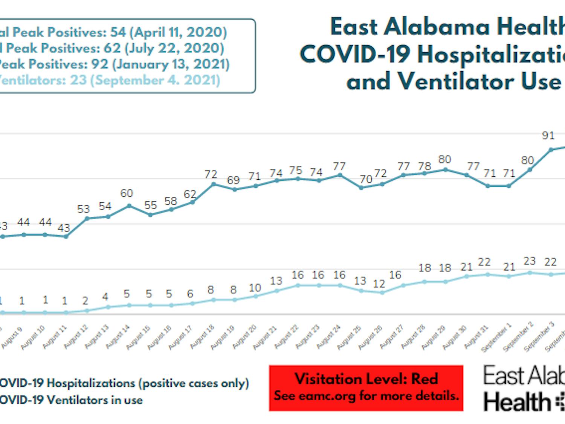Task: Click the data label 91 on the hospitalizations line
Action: pyautogui.click(x=548, y=136)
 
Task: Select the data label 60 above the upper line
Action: pyautogui.click(x=127, y=193)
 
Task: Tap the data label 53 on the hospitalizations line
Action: pyautogui.click(x=83, y=209)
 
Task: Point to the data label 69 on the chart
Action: pyautogui.click(x=233, y=180)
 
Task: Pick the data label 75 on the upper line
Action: pyautogui.click(x=296, y=171)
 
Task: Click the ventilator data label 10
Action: pyautogui.click(x=255, y=288)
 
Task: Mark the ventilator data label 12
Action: pyautogui.click(x=379, y=284)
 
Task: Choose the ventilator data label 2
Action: pyautogui.click(x=85, y=301)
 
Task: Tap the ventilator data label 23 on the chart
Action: pyautogui.click(x=529, y=261)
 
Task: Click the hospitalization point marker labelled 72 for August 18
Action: pyautogui.click(x=214, y=184)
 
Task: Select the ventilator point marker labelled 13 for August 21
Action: pyautogui.click(x=277, y=291)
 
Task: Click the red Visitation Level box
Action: pyautogui.click(x=366, y=387)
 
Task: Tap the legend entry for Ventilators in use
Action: pyautogui.click(x=72, y=400)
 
